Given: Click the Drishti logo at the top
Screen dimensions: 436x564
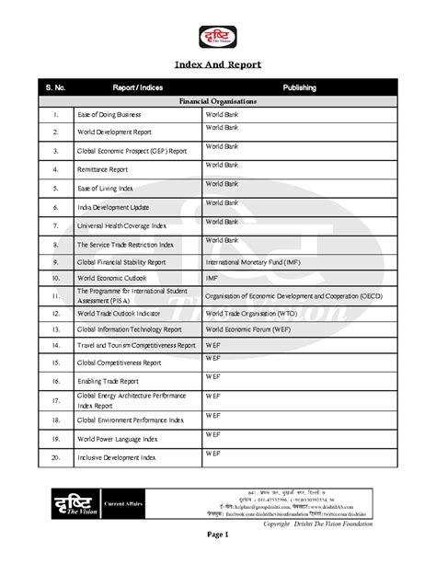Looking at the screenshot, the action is tap(218, 37).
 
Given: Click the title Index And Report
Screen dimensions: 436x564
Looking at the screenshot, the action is tap(218, 65).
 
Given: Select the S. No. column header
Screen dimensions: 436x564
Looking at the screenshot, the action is tap(56, 87).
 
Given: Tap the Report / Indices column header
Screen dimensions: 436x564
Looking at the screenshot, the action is tap(137, 87).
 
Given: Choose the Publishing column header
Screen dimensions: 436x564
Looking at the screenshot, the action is tap(300, 87).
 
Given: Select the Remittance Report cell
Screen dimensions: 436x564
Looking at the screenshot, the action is tap(102, 170).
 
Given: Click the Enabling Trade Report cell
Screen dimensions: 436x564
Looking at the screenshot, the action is tap(109, 381).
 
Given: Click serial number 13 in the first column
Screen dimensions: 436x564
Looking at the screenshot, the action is tap(56, 328).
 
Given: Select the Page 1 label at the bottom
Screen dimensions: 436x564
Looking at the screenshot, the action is tap(217, 535).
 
